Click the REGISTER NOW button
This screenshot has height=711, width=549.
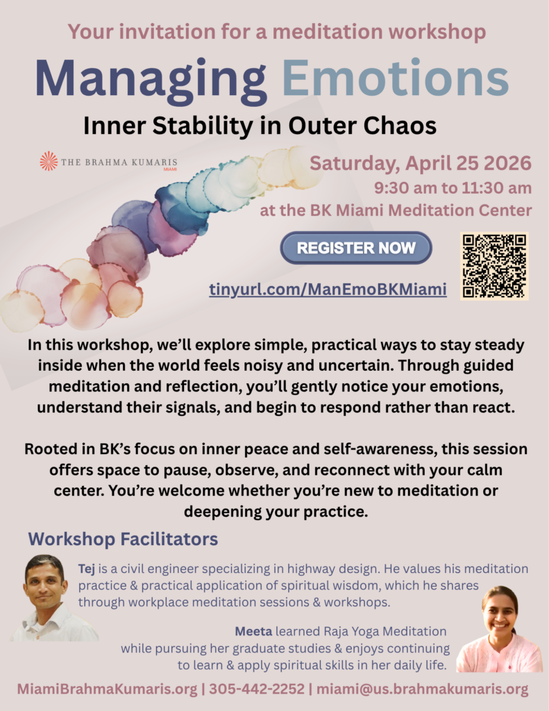[356, 248]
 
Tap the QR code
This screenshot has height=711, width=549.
[494, 266]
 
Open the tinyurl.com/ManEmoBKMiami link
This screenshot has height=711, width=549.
[328, 290]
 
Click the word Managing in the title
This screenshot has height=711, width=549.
[151, 78]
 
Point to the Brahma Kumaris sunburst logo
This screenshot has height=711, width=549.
[49, 161]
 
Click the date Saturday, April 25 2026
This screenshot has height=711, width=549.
[420, 163]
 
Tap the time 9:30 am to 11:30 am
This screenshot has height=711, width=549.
[453, 187]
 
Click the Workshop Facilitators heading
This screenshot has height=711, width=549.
[123, 539]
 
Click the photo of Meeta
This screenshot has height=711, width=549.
[500, 629]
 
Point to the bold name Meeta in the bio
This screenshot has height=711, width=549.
[253, 631]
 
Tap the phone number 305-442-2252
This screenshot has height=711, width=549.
[257, 689]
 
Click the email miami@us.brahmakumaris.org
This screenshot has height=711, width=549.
[423, 689]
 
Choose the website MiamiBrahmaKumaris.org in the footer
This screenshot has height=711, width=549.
[107, 689]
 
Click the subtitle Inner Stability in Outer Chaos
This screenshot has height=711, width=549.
[260, 126]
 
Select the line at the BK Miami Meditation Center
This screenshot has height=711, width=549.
[396, 210]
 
